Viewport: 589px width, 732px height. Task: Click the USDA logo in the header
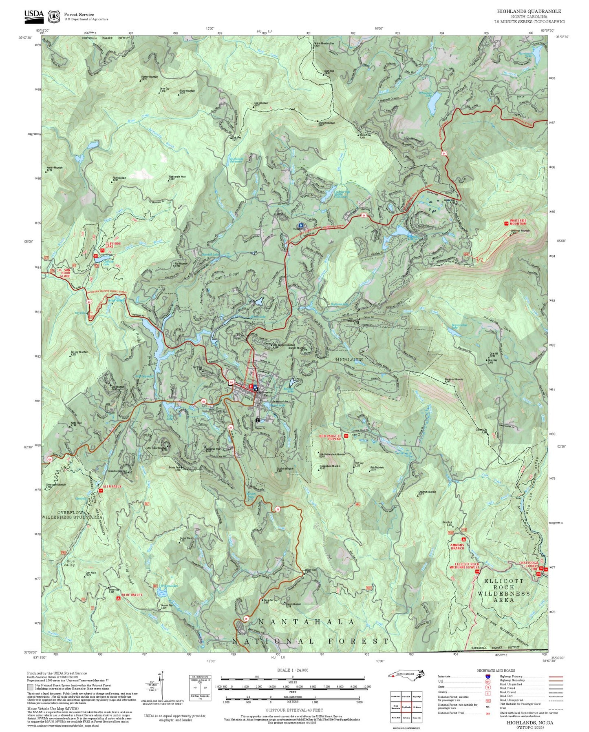34,15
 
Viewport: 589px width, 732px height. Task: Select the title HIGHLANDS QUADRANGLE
529,11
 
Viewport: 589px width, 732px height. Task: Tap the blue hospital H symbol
301,225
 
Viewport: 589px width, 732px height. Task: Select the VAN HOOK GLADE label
65,273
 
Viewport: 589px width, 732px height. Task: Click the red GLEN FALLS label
112,486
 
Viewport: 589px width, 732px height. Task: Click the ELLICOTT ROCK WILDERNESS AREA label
504,590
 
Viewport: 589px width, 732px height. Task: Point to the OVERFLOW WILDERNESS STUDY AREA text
72,515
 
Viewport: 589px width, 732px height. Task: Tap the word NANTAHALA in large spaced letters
307,622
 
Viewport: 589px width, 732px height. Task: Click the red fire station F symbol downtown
251,386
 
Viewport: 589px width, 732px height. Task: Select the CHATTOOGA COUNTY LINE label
529,564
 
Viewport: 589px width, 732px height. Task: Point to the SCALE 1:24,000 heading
292,670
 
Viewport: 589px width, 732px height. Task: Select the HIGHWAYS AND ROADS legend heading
496,670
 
